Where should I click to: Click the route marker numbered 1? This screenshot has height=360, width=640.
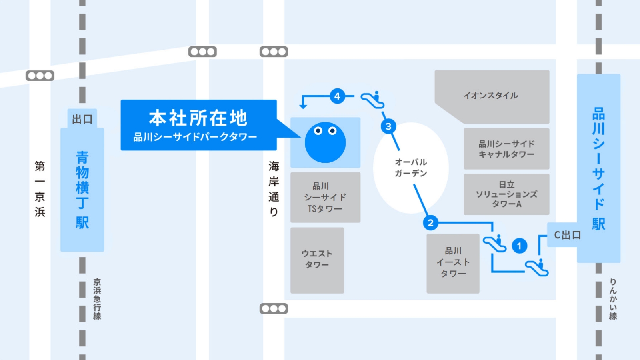pos(519,246)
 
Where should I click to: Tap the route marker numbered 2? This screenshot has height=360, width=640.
pos(430,222)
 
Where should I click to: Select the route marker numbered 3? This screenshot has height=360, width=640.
pos(388,126)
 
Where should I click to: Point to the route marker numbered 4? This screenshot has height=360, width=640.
pos(337,96)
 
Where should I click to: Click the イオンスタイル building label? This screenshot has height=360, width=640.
pos(490,96)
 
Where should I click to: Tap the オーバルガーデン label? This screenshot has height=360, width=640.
pos(411,168)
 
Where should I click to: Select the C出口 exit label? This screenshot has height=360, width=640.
pos(568,235)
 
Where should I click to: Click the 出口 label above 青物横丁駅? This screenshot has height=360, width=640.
pos(82,119)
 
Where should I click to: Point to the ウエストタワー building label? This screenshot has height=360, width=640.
pos(317,259)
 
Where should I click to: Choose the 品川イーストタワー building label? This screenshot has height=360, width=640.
pos(453,262)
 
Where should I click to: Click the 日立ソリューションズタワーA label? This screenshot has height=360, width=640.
pos(506,194)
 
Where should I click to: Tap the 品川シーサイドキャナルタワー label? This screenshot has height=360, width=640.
pos(506,149)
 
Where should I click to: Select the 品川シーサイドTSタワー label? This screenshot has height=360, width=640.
pos(325,198)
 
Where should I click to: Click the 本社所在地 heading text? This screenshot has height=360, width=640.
pos(198,118)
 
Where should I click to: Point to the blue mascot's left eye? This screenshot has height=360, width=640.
pos(318,131)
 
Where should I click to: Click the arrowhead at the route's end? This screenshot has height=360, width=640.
pos(303,106)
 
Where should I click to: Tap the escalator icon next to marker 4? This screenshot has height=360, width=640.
pos(373,100)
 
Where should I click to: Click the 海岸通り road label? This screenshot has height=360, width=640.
pos(274,189)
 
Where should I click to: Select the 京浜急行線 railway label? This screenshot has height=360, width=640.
pos(97,299)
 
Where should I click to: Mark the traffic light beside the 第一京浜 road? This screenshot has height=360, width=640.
pos(40,76)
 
